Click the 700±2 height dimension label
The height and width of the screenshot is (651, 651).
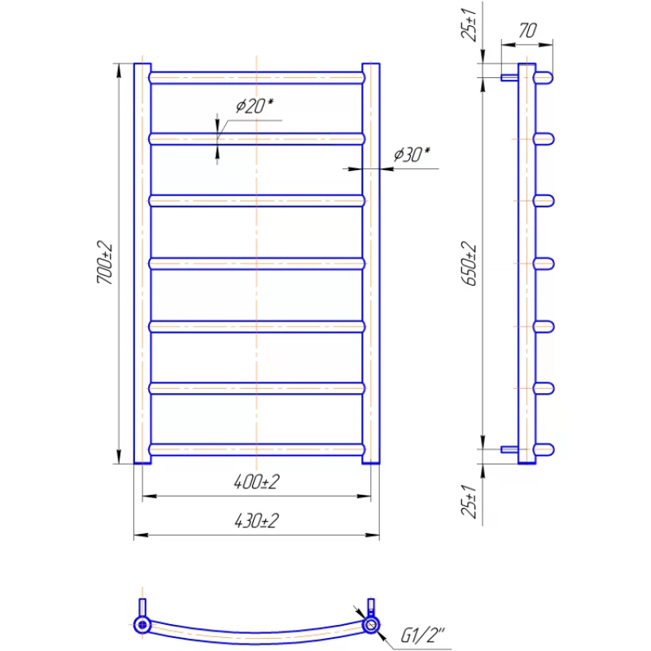tap(105, 262)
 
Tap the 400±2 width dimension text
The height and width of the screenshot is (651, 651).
tap(256, 482)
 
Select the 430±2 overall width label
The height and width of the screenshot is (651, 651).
tap(256, 521)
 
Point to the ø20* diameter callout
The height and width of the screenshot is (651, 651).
tap(255, 106)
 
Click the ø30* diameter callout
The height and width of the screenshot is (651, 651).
tap(412, 154)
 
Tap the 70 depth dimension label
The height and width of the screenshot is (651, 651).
tap(527, 30)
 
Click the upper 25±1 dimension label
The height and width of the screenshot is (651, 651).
tap(470, 24)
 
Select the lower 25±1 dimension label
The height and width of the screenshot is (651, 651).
tap(470, 501)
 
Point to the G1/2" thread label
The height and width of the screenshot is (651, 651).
tap(422, 635)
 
